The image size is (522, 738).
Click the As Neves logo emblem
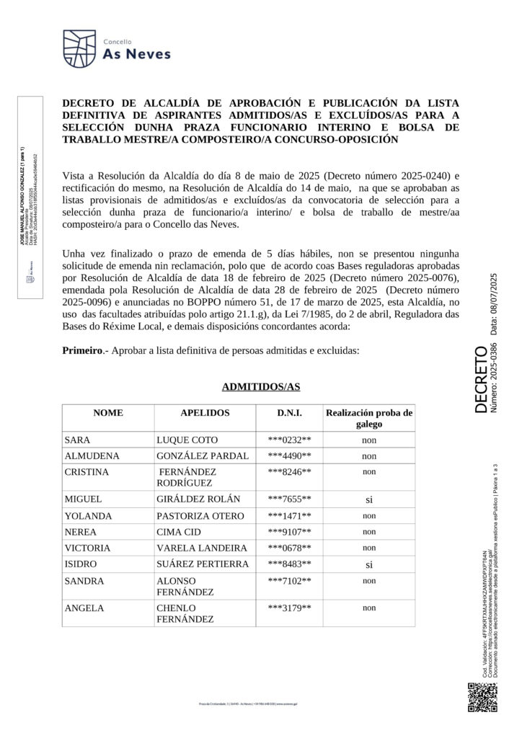(x=79, y=48)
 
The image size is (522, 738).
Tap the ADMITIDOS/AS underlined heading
(x=260, y=387)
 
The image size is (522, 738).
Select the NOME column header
(x=108, y=414)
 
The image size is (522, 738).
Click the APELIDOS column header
(x=205, y=414)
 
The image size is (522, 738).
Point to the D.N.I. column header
(x=289, y=414)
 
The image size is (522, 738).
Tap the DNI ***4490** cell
(x=289, y=455)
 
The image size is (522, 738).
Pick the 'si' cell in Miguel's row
(x=369, y=499)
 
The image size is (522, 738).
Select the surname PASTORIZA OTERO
(x=198, y=515)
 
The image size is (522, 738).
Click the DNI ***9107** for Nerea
(x=289, y=531)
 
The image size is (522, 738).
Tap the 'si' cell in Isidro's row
(x=369, y=564)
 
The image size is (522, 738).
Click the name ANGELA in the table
(x=84, y=608)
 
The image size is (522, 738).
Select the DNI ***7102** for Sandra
(x=289, y=581)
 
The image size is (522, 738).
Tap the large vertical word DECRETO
(x=482, y=380)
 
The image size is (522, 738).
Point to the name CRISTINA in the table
(x=87, y=472)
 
